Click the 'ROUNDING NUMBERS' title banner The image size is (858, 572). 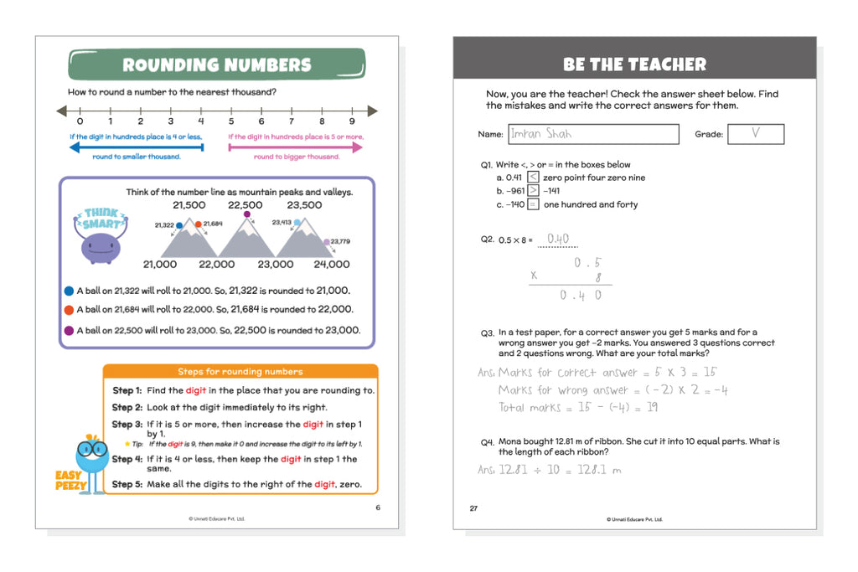click(x=216, y=64)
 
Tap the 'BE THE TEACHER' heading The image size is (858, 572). click(x=634, y=64)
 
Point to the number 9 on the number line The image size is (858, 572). click(x=352, y=121)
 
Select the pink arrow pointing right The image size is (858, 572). click(x=296, y=147)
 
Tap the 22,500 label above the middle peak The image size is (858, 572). click(x=246, y=205)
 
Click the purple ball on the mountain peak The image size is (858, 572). click(x=247, y=215)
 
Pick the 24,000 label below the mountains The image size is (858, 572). click(x=332, y=265)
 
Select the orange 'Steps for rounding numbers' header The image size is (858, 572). click(x=240, y=371)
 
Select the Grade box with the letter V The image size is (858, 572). click(x=755, y=134)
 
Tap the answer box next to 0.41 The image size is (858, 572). click(x=533, y=178)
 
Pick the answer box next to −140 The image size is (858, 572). click(x=533, y=204)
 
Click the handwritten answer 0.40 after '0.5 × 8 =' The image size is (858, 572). click(x=557, y=239)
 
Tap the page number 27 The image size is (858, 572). click(x=473, y=508)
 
